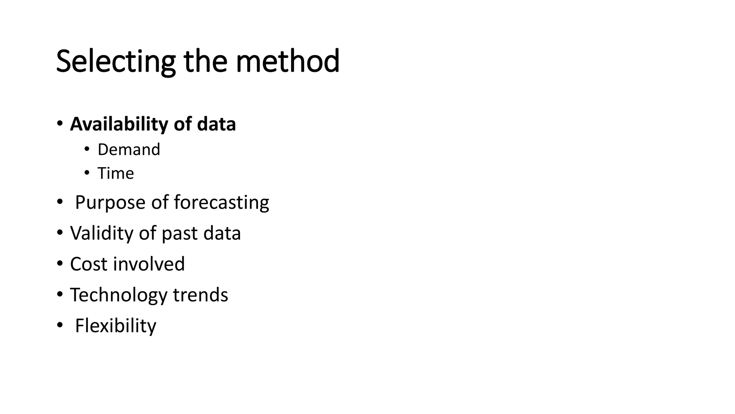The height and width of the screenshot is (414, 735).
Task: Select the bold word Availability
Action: [x=119, y=124]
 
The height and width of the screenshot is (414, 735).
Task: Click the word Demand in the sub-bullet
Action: [x=129, y=149]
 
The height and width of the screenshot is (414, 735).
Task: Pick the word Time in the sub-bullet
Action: [x=116, y=173]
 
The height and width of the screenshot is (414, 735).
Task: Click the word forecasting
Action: [x=221, y=202]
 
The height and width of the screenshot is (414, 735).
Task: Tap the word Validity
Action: [x=102, y=233]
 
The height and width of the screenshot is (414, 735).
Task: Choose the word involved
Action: [x=149, y=264]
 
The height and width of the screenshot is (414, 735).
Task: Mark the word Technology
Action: [x=119, y=295]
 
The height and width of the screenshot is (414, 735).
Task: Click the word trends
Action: [x=200, y=295]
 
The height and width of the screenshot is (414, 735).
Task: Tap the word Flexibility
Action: [x=116, y=326]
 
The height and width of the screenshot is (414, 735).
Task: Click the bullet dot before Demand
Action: [x=86, y=149]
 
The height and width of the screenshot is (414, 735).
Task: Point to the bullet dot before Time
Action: [x=86, y=173]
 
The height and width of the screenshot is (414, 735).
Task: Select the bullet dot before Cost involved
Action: [x=60, y=263]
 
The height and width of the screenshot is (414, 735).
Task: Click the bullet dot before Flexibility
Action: [x=60, y=325]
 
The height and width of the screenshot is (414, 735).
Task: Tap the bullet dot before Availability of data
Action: [x=60, y=124]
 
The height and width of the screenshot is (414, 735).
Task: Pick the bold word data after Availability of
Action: [x=216, y=124]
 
